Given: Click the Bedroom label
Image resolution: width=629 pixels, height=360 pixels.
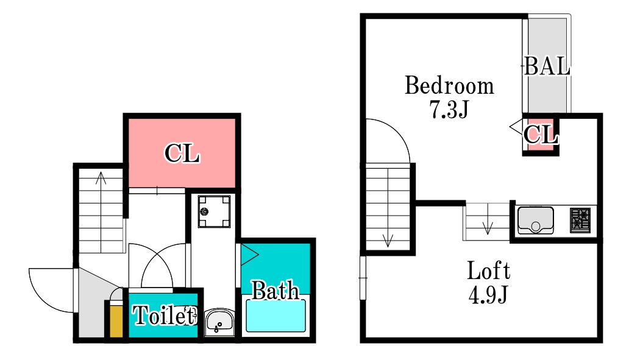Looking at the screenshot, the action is pos(449,85).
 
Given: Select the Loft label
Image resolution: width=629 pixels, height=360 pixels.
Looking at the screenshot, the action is pos(489,270).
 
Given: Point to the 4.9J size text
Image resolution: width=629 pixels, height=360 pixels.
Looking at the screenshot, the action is pos(489,294).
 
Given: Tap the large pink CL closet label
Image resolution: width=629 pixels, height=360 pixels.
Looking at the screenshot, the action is pos(182,153).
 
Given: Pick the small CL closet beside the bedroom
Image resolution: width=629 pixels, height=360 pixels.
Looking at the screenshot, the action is pos(541,134).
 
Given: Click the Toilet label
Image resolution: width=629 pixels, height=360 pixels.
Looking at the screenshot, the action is pos(164,315).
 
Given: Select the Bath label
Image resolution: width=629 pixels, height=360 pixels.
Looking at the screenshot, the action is pos(275,290).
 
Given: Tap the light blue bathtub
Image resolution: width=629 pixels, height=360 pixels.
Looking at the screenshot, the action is pos(275,316).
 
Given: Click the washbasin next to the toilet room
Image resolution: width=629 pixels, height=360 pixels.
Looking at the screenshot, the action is pos(219,322).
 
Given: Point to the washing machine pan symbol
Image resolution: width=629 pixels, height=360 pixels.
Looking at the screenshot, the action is pos(214,211).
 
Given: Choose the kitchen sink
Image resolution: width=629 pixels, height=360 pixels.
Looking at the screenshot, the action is pos(536,220).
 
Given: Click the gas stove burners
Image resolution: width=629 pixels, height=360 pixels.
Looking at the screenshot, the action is pos(580,220).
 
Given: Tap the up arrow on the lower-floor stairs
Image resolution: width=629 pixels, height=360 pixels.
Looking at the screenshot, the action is pos(101,178).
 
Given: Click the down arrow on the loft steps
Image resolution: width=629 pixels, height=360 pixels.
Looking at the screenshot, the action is pos(488,227).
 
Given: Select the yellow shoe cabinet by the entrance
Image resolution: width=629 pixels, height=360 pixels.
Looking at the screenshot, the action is pos(116,321).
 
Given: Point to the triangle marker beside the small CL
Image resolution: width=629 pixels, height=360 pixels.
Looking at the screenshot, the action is pos(516,127).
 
